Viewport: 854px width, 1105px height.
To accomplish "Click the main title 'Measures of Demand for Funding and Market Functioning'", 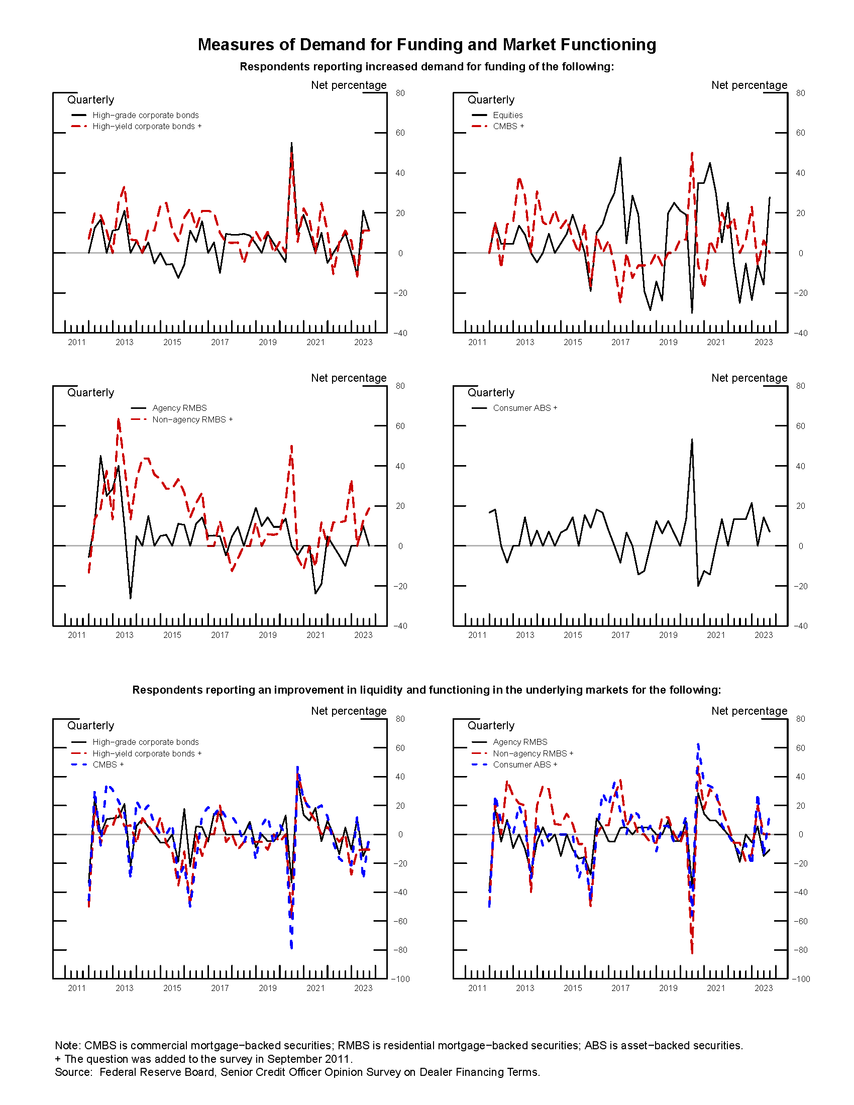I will coord(426,45).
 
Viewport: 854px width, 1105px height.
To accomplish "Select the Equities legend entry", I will coord(507,116).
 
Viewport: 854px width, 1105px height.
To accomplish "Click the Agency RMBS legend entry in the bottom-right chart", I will coord(519,742).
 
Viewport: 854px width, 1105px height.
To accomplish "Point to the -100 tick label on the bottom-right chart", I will coord(800,979).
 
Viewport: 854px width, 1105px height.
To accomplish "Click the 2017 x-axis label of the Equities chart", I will coord(620,343).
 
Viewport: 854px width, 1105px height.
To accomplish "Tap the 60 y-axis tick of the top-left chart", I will coord(400,133).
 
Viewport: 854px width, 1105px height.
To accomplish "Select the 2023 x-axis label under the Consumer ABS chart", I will coord(764,635).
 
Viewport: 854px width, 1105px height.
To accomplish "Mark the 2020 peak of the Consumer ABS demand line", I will coord(692,440).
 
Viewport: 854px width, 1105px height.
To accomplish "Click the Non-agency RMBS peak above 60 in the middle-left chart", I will coord(119,419).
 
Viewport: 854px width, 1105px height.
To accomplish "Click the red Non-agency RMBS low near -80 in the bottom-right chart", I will coord(692,952).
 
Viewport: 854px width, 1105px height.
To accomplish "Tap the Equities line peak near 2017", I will coord(620,158).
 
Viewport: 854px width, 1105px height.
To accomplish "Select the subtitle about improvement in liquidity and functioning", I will coord(426,690).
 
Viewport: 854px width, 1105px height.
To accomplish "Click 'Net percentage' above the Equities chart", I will coord(749,85).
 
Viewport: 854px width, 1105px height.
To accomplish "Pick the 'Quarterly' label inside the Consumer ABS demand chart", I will coord(491,393).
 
